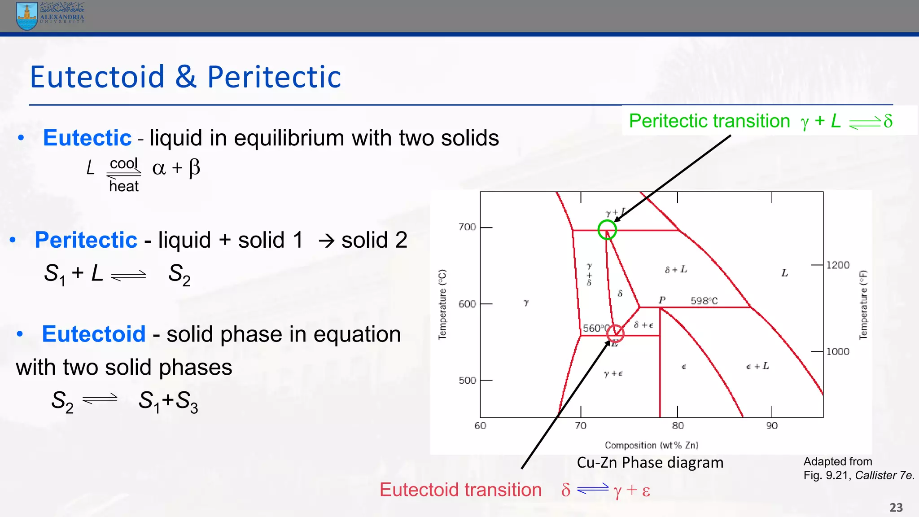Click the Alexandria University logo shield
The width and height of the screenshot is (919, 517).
click(x=27, y=16)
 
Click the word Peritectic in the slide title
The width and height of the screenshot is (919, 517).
click(x=274, y=77)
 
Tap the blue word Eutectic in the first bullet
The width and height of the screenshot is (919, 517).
click(x=87, y=138)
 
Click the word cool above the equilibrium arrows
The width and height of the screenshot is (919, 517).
click(x=124, y=163)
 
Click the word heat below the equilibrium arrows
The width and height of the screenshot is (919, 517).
click(x=124, y=186)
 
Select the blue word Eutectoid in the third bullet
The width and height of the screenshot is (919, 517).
click(x=94, y=334)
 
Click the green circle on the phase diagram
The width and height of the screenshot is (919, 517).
click(x=607, y=230)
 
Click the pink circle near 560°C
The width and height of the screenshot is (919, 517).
click(x=615, y=333)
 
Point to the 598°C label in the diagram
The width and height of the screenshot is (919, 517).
click(x=704, y=301)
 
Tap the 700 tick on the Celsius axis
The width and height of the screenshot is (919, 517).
click(x=467, y=227)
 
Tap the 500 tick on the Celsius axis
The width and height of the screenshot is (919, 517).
click(x=467, y=381)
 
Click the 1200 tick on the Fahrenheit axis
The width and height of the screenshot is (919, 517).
click(x=838, y=265)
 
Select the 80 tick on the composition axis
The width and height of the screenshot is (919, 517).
click(x=678, y=425)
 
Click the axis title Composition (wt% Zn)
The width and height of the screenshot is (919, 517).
click(x=652, y=445)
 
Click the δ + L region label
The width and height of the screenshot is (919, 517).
click(x=676, y=270)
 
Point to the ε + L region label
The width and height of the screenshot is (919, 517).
click(x=757, y=367)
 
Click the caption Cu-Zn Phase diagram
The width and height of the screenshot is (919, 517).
click(x=650, y=463)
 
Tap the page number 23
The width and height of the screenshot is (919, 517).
click(x=896, y=508)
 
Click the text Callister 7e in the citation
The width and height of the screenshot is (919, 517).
click(x=884, y=476)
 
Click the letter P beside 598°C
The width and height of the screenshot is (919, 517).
click(x=662, y=300)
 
